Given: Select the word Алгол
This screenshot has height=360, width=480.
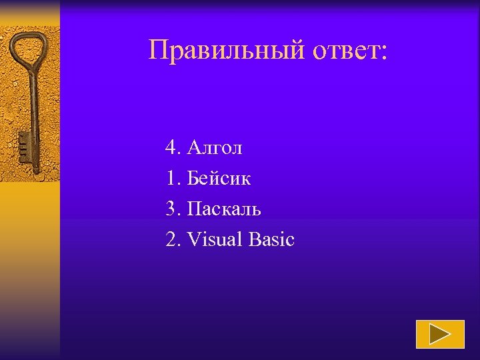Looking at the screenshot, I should [215, 147].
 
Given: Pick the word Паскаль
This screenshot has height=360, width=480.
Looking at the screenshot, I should [224, 209].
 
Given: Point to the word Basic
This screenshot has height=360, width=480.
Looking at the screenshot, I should [271, 239].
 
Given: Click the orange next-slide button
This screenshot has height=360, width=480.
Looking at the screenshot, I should [440, 334].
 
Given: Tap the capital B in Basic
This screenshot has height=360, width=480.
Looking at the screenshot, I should [254, 239].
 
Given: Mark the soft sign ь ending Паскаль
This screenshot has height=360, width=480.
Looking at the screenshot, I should [256, 210].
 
